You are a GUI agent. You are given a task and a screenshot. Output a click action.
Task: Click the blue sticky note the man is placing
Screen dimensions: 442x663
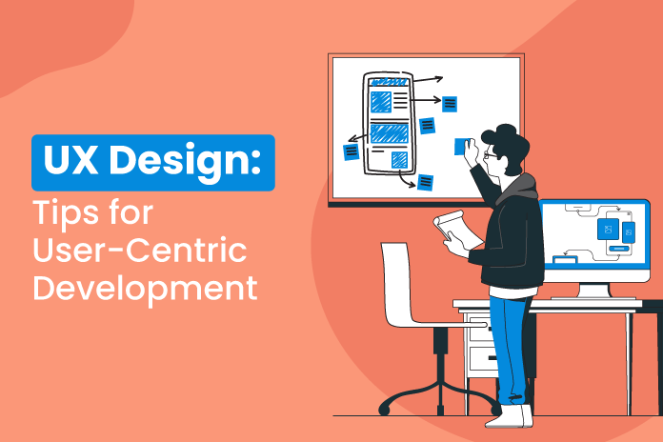point(463,146)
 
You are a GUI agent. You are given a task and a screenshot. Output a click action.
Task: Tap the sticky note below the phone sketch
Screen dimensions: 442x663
point(425,181)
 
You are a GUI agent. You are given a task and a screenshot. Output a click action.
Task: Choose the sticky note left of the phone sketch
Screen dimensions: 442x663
point(352,151)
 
